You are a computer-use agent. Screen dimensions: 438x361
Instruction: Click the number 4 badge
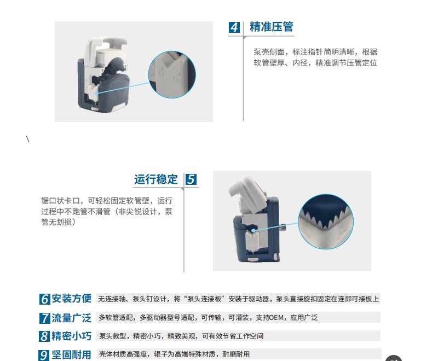pos(234,27)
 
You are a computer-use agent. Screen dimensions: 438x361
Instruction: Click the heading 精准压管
pos(271,27)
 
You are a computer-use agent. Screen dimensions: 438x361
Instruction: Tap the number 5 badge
pos(191,179)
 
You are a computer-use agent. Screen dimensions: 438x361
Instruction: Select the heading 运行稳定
pos(156,179)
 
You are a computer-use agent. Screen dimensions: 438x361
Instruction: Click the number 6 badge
pos(45,299)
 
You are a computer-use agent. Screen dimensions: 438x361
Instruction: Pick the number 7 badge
pos(45,318)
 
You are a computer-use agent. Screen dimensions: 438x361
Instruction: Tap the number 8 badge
pos(44,336)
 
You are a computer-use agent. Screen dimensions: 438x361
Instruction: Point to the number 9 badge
pos(44,355)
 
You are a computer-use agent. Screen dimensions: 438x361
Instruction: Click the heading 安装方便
pos(72,299)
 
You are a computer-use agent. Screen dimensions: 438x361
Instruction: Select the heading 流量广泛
pos(72,318)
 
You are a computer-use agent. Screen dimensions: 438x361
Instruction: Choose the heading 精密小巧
pos(72,336)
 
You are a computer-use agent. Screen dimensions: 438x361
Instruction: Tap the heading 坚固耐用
pos(72,354)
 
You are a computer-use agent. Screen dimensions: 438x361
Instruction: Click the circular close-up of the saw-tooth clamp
pos(326,222)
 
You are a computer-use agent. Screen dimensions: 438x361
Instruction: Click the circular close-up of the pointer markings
pos(172,74)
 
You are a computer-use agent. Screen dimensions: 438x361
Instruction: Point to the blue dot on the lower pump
pos(253,230)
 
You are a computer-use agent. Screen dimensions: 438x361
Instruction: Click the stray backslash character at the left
pos(28,139)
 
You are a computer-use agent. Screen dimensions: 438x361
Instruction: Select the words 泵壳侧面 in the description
pos(269,52)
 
